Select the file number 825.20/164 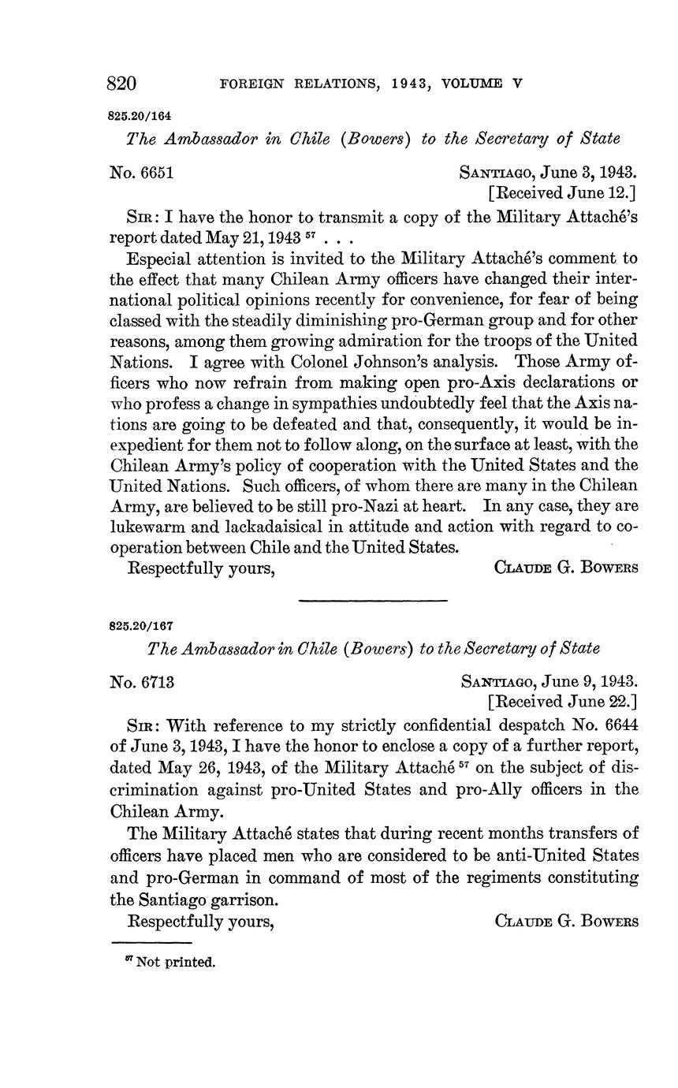tap(140, 115)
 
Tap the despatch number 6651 tap(155, 171)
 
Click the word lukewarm tap(150, 527)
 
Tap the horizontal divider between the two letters tap(373, 602)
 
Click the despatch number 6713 tap(155, 680)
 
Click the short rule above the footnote tap(152, 943)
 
